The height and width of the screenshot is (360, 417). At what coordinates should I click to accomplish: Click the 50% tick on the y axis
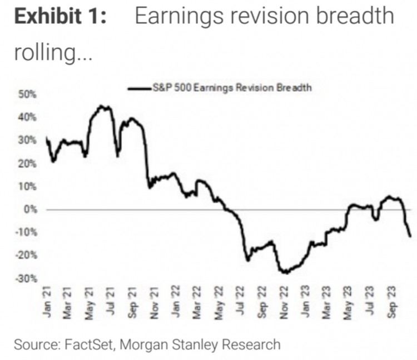pos(28,94)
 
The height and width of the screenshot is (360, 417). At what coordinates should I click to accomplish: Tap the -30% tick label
pos(27,278)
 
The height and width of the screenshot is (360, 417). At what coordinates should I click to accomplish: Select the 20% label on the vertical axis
pos(28,164)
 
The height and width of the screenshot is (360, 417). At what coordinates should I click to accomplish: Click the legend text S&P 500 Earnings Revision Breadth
pos(231,87)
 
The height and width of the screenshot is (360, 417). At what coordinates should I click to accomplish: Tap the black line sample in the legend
pos(140,88)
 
